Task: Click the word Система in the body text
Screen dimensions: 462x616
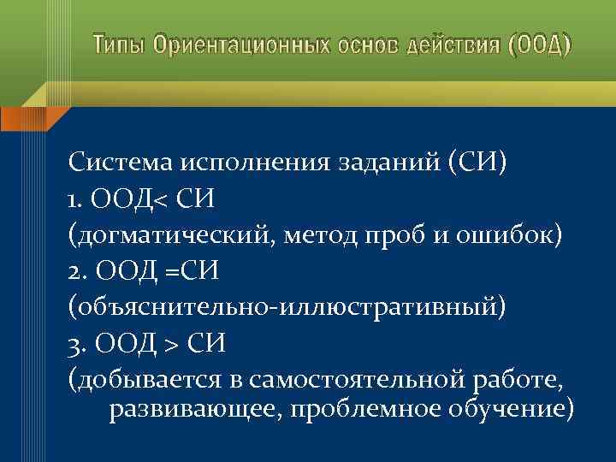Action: (120, 163)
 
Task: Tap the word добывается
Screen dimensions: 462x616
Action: (149, 379)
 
